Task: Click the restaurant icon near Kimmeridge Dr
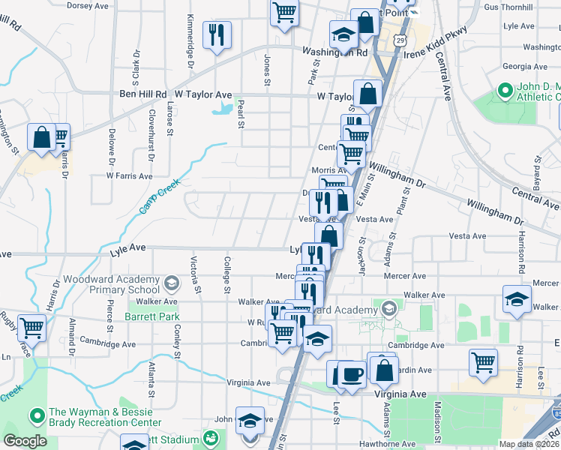(x=217, y=34)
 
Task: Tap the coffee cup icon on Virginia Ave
(x=351, y=374)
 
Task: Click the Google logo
(x=25, y=442)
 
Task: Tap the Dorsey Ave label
(x=88, y=5)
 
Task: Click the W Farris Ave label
(x=129, y=176)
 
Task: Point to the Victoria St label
(x=196, y=274)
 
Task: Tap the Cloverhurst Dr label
(x=151, y=136)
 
